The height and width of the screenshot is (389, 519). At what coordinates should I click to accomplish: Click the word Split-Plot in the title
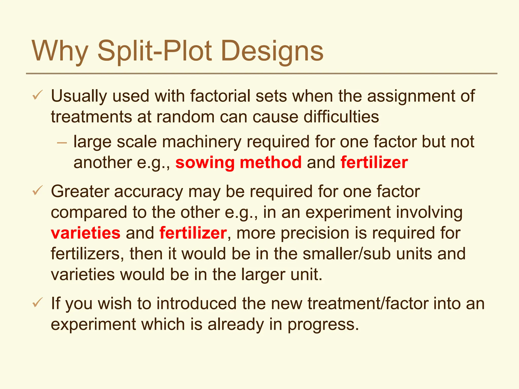pyautogui.click(x=155, y=51)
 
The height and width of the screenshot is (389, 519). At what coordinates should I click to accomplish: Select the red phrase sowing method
pyautogui.click(x=238, y=163)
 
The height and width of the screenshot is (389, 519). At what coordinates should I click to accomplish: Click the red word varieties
pyautogui.click(x=86, y=233)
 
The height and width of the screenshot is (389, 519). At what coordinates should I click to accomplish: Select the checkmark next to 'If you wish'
pyautogui.click(x=38, y=303)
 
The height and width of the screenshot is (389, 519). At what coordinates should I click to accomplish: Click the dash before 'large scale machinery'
pyautogui.click(x=62, y=143)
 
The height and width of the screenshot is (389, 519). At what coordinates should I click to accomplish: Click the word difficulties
pyautogui.click(x=341, y=117)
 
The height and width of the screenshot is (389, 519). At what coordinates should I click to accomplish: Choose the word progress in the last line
pyautogui.click(x=323, y=324)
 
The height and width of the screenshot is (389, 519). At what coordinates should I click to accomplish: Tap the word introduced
pyautogui.click(x=196, y=303)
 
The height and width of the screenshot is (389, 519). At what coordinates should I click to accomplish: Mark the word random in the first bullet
pyautogui.click(x=185, y=117)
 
